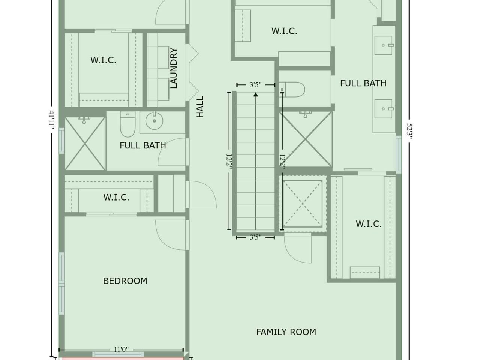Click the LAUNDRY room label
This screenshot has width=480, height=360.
(174, 68)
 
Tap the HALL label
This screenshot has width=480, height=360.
(200, 106)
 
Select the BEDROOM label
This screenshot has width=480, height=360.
(125, 281)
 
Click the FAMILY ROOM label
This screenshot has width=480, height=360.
(286, 332)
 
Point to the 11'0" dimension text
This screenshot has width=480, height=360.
(121, 349)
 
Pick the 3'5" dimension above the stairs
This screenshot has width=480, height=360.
(255, 85)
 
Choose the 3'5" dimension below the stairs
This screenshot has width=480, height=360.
(255, 237)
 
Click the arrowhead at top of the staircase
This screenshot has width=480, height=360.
(256, 94)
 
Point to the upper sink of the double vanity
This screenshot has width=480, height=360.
(384, 45)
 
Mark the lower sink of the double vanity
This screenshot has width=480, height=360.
(384, 108)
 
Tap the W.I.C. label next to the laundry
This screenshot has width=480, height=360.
(103, 60)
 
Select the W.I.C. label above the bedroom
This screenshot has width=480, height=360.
(116, 197)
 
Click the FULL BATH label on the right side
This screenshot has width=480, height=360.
(363, 83)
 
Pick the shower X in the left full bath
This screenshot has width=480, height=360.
(85, 144)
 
